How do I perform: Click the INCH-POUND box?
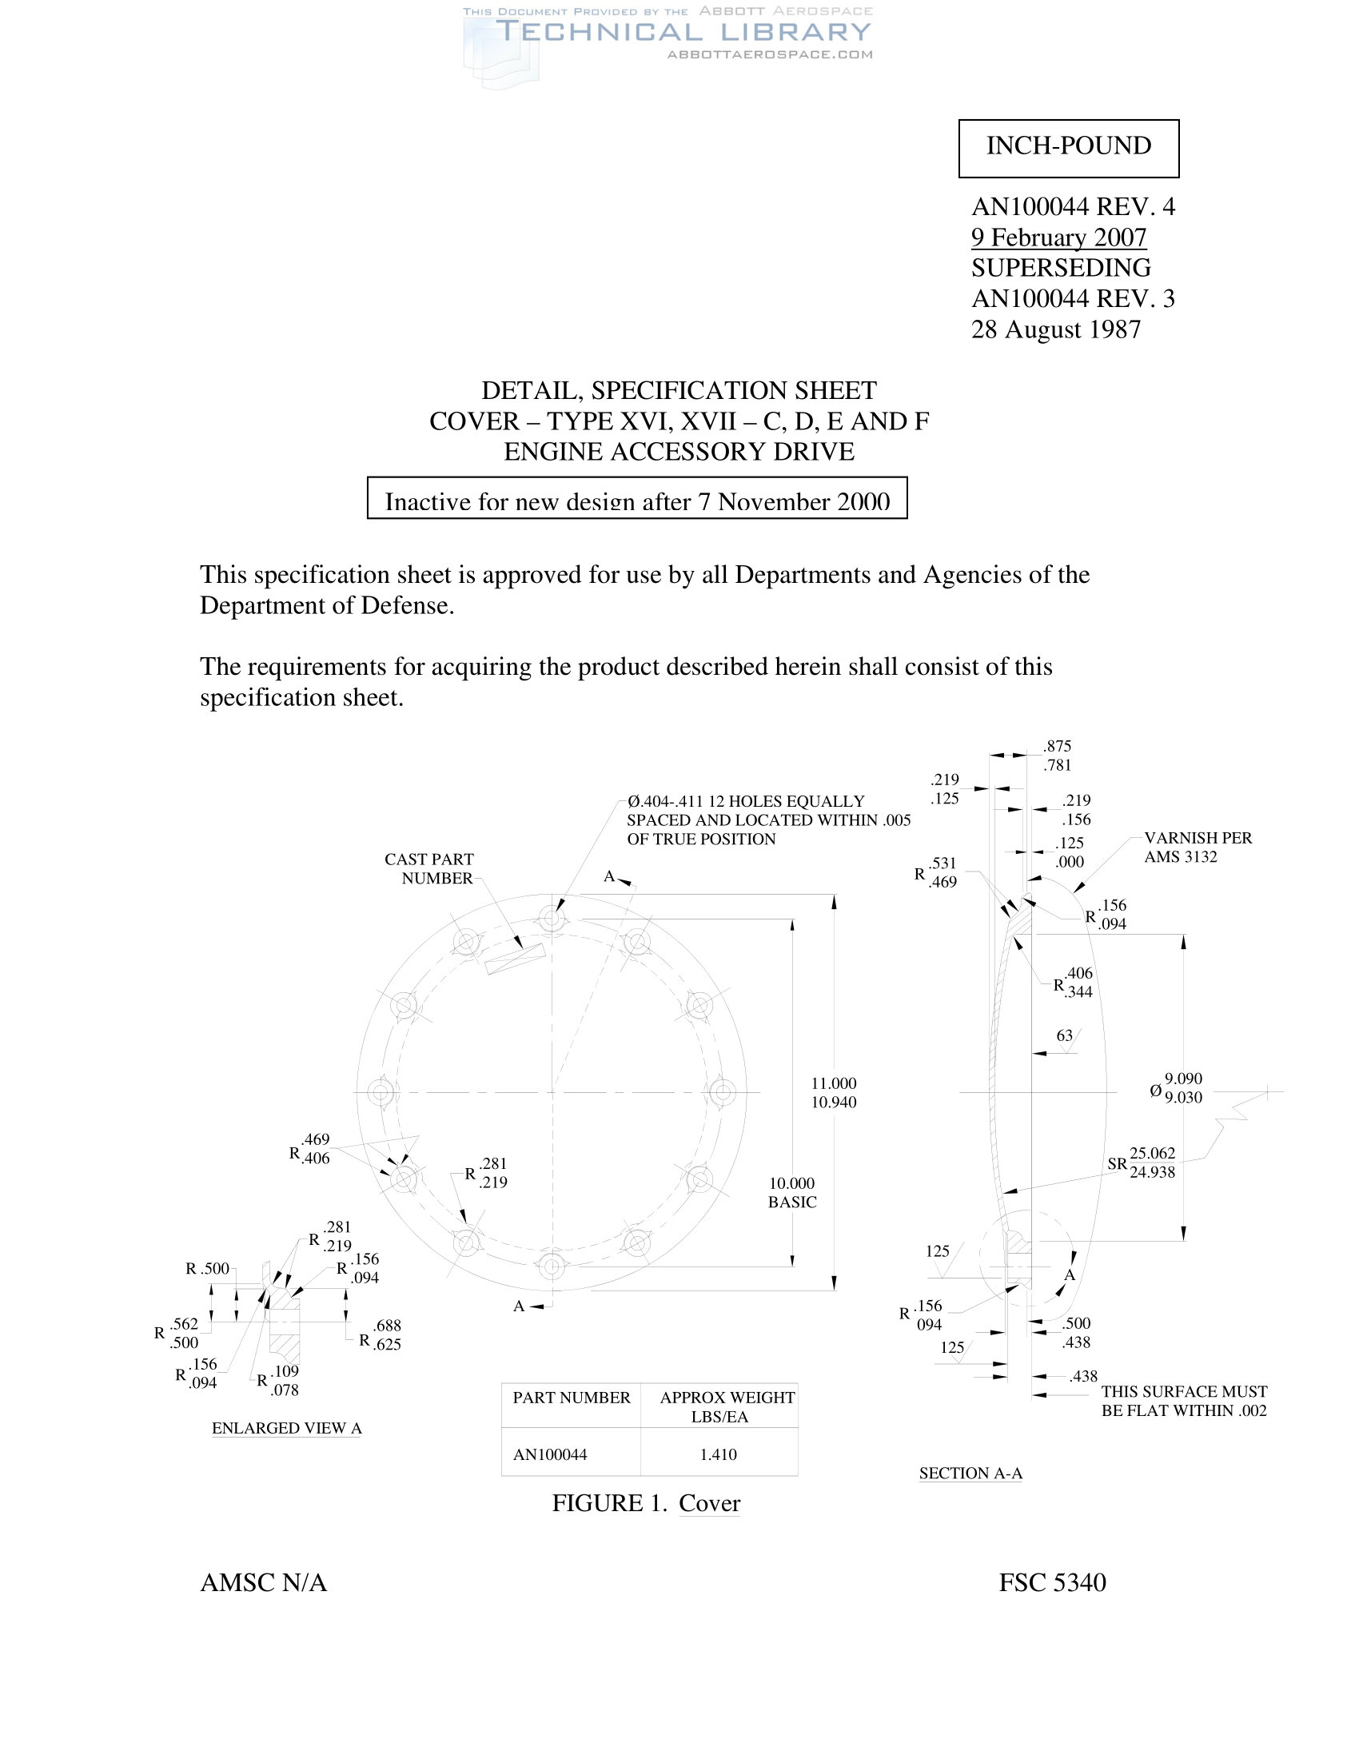coord(1068,147)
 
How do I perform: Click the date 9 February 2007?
coord(1058,237)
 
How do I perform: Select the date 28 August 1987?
coord(1055,329)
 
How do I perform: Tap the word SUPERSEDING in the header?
coord(1060,268)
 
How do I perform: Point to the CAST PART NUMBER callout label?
coord(430,869)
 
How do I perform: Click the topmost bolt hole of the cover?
coord(552,917)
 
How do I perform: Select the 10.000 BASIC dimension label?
coord(792,1193)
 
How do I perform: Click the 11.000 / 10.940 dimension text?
coord(833,1093)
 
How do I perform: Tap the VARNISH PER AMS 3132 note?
coord(1198,848)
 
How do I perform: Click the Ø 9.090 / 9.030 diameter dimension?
coord(1176,1088)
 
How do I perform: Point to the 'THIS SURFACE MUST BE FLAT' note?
coord(1183,1401)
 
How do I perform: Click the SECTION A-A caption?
coord(970,1474)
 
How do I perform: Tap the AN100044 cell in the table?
coord(550,1454)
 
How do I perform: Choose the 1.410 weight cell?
coord(718,1454)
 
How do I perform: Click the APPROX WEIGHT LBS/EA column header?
coord(726,1407)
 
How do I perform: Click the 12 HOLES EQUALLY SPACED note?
coord(768,820)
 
